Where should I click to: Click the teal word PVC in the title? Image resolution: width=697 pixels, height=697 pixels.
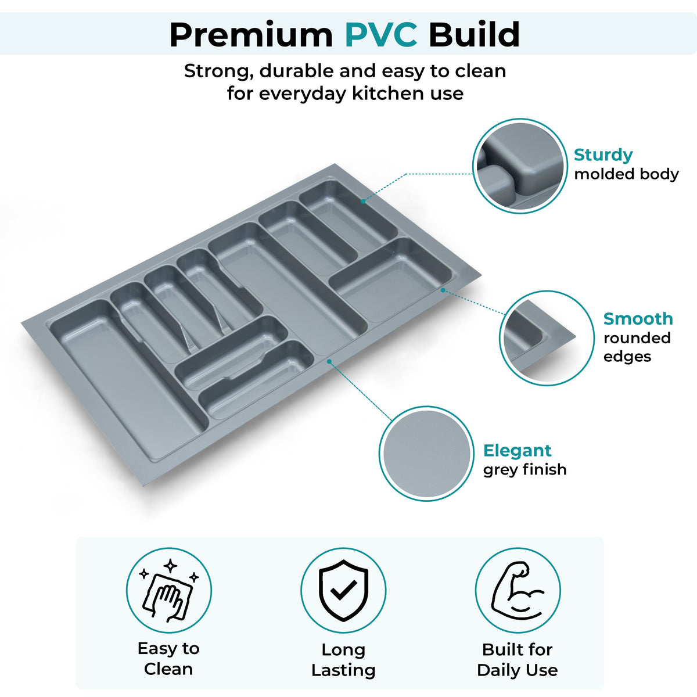(381, 35)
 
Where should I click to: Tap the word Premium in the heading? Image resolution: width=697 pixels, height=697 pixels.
(251, 35)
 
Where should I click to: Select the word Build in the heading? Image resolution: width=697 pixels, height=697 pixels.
(474, 35)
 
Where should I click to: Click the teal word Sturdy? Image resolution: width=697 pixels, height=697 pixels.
(603, 155)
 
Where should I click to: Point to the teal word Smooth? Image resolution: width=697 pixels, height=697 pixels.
(638, 319)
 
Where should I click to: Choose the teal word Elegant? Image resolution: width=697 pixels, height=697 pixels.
(518, 451)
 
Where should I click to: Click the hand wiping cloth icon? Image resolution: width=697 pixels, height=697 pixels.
(169, 591)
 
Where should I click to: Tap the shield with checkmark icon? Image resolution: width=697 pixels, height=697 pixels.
(343, 591)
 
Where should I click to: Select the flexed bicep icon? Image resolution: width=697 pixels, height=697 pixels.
(518, 591)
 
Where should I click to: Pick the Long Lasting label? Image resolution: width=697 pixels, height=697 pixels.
(343, 660)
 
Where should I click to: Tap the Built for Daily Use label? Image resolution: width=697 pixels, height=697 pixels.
(518, 659)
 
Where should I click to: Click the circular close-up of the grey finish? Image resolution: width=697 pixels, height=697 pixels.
(426, 454)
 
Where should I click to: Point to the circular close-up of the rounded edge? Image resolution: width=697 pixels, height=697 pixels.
(547, 338)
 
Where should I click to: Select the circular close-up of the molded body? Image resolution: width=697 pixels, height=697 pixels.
(520, 166)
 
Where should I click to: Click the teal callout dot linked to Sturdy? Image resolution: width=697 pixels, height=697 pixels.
(363, 202)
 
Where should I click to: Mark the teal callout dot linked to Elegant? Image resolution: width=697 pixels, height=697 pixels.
(329, 361)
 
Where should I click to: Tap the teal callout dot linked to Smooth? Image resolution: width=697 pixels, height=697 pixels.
(443, 290)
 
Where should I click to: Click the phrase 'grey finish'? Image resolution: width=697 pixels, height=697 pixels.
(525, 470)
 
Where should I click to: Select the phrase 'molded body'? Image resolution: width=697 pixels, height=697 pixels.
(627, 174)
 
